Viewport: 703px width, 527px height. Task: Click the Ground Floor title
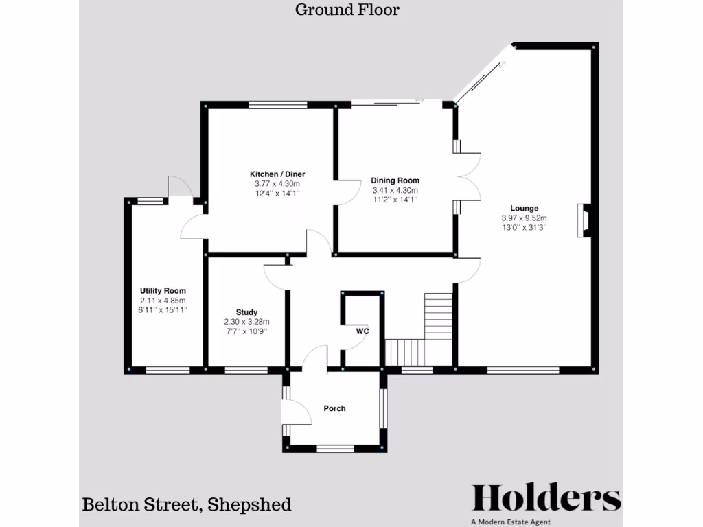[347, 10]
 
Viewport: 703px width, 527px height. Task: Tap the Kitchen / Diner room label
[277, 174]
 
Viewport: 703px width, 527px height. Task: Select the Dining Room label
[395, 181]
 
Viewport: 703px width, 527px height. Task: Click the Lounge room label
[524, 209]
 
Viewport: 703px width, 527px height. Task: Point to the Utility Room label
[163, 291]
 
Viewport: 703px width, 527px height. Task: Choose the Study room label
[246, 312]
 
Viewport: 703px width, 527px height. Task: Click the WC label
[362, 331]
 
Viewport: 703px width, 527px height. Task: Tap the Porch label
[334, 408]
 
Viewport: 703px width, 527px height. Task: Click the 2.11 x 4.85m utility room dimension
[163, 301]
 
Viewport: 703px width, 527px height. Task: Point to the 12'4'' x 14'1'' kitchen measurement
[277, 194]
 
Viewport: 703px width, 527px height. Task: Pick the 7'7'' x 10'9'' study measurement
[246, 331]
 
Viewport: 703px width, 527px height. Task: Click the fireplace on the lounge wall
[584, 220]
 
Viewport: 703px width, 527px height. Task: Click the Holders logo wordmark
[546, 499]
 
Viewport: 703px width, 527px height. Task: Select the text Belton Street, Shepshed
[187, 505]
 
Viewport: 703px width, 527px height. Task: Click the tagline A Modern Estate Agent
[511, 522]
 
